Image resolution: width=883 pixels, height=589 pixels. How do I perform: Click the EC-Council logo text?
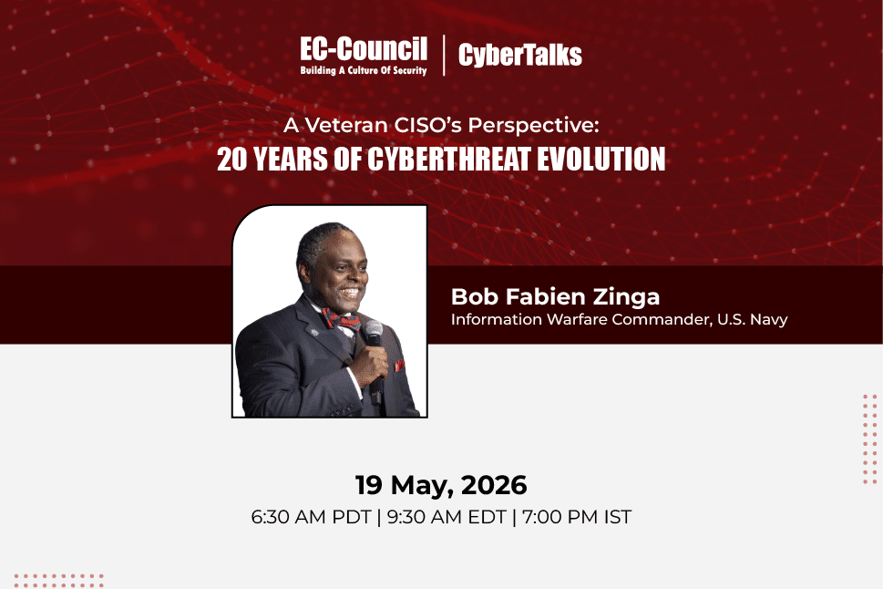[x=364, y=49]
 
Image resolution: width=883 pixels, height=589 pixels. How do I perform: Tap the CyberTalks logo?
[x=519, y=55]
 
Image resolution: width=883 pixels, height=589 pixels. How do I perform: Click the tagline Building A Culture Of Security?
[x=364, y=70]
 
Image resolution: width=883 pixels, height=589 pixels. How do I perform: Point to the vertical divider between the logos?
[x=444, y=56]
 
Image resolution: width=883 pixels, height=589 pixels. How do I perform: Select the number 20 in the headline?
[x=232, y=160]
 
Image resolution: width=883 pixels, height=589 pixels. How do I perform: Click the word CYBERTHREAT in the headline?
[x=449, y=160]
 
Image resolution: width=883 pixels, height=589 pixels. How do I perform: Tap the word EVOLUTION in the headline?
[x=601, y=160]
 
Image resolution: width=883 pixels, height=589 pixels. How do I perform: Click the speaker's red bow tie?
[x=341, y=320]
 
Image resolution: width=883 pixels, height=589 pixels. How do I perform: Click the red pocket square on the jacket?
[x=399, y=366]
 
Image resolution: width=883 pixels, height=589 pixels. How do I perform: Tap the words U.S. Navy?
[x=753, y=320]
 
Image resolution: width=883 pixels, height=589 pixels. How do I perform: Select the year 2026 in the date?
[x=494, y=485]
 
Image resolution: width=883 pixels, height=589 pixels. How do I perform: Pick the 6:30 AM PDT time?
[x=311, y=517]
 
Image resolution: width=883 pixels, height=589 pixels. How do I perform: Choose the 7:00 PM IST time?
[x=577, y=517]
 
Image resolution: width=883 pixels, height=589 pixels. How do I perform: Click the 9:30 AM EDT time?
[x=447, y=517]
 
